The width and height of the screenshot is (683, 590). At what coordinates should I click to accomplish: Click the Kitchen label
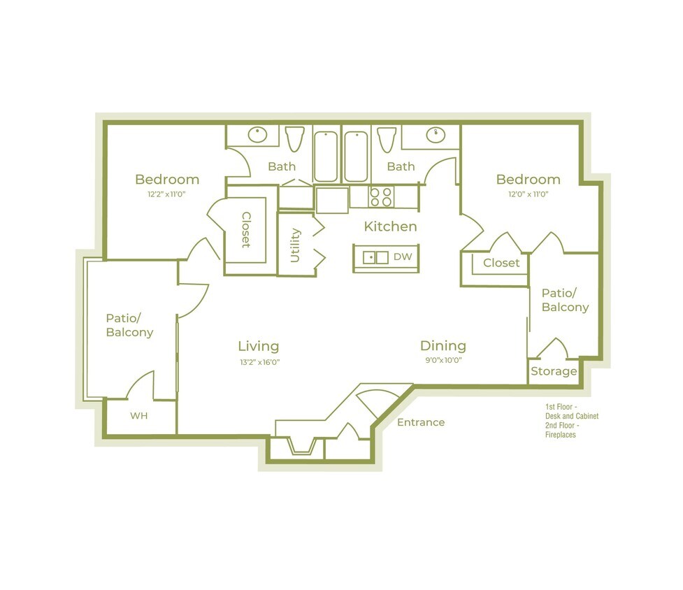(x=390, y=226)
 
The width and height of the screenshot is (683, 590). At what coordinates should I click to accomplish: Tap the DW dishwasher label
(x=402, y=257)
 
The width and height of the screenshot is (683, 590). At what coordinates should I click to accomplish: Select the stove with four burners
(x=382, y=196)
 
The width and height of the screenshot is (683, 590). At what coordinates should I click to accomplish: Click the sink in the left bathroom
(x=259, y=133)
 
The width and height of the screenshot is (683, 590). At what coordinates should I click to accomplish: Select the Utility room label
(x=295, y=245)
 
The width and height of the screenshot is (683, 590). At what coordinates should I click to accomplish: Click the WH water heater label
(x=139, y=416)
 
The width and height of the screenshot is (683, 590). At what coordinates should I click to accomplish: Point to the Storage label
(x=554, y=371)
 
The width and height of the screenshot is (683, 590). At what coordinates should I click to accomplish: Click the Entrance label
(x=421, y=422)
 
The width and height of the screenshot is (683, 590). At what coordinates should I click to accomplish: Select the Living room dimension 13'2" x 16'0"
(x=259, y=361)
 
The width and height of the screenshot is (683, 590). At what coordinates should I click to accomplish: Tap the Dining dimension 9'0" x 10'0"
(x=443, y=361)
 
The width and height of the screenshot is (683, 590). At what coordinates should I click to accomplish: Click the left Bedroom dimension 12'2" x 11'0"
(x=167, y=195)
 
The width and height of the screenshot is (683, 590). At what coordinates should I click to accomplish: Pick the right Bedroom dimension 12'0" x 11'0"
(x=528, y=195)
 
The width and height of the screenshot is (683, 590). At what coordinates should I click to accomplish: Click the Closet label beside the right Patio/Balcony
(x=501, y=263)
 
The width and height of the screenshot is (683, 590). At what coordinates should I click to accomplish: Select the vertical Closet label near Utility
(x=246, y=230)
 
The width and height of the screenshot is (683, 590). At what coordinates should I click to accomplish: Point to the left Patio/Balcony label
(x=129, y=324)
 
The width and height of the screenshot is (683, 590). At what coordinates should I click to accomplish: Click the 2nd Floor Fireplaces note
(x=562, y=430)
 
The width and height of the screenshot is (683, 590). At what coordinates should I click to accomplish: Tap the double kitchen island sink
(x=375, y=257)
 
